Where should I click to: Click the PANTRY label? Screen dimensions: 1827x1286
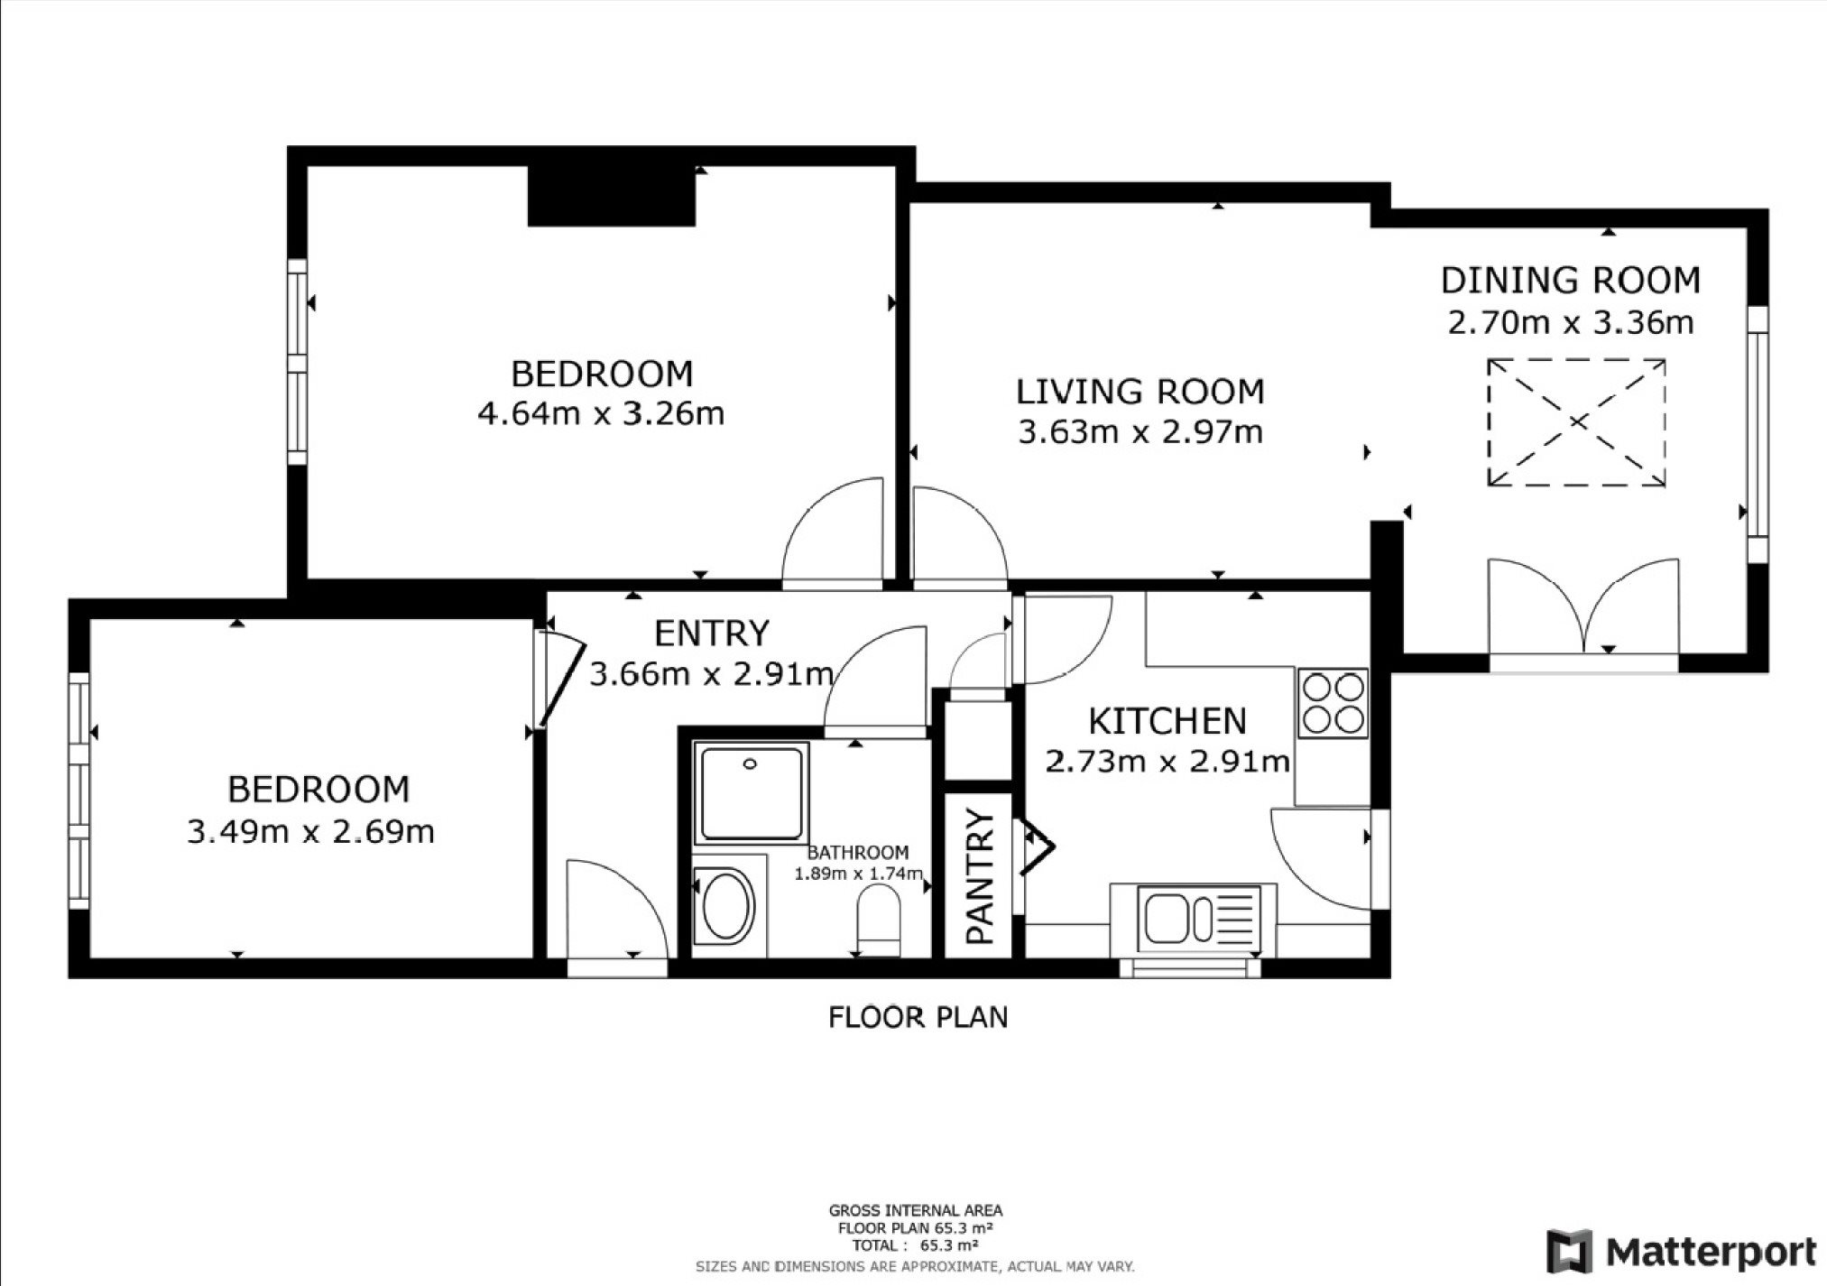(x=980, y=876)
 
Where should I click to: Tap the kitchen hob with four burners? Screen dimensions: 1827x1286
(x=1333, y=703)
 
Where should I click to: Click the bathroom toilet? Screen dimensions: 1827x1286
(x=879, y=920)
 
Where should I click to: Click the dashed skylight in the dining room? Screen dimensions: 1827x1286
(x=1576, y=422)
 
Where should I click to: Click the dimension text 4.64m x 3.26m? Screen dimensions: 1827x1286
(x=601, y=414)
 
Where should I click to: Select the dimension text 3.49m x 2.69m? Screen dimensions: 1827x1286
(x=311, y=831)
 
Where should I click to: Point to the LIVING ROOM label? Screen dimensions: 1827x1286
(x=1140, y=392)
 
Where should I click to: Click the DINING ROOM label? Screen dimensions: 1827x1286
(x=1571, y=281)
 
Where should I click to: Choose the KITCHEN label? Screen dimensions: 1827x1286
(x=1167, y=722)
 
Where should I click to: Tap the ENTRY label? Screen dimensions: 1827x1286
(x=712, y=634)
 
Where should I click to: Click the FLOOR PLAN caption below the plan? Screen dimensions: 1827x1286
(x=918, y=1017)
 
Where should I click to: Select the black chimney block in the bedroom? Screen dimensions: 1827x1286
(x=612, y=196)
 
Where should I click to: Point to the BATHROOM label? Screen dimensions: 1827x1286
(x=858, y=852)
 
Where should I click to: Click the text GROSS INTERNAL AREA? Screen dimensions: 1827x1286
(x=916, y=1211)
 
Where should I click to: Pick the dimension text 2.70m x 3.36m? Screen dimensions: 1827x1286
(x=1571, y=322)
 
